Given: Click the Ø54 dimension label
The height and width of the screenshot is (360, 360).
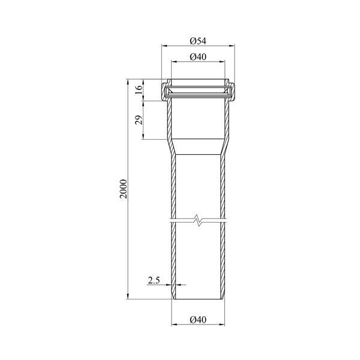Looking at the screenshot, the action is coord(198,41).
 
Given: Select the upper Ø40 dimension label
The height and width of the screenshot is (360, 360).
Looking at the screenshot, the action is coord(198,57).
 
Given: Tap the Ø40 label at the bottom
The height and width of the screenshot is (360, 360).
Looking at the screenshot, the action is coord(198,320).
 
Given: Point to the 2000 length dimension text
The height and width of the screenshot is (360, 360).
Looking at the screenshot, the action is coord(123,189).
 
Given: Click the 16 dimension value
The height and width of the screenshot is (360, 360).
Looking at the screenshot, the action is coord(139,89).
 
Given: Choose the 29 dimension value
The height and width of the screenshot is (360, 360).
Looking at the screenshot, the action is coord(139,120).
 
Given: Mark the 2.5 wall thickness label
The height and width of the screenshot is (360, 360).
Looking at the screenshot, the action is coord(154,280).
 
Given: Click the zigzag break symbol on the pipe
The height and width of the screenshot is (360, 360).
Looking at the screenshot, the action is coord(198,220).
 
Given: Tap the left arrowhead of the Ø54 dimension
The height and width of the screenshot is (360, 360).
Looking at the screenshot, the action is coord(165,46).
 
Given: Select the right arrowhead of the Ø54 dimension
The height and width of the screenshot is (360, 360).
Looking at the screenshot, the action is coord(231,46).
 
